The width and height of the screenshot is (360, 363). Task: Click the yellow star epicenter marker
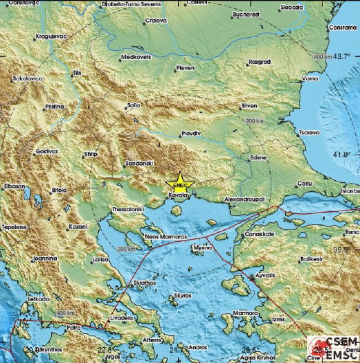click(180, 184)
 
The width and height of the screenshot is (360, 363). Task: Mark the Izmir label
click(278, 320)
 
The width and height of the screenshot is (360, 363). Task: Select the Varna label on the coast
click(311, 79)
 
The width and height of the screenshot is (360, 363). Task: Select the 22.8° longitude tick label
click(105, 351)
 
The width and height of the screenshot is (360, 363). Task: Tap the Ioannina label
click(44, 258)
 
